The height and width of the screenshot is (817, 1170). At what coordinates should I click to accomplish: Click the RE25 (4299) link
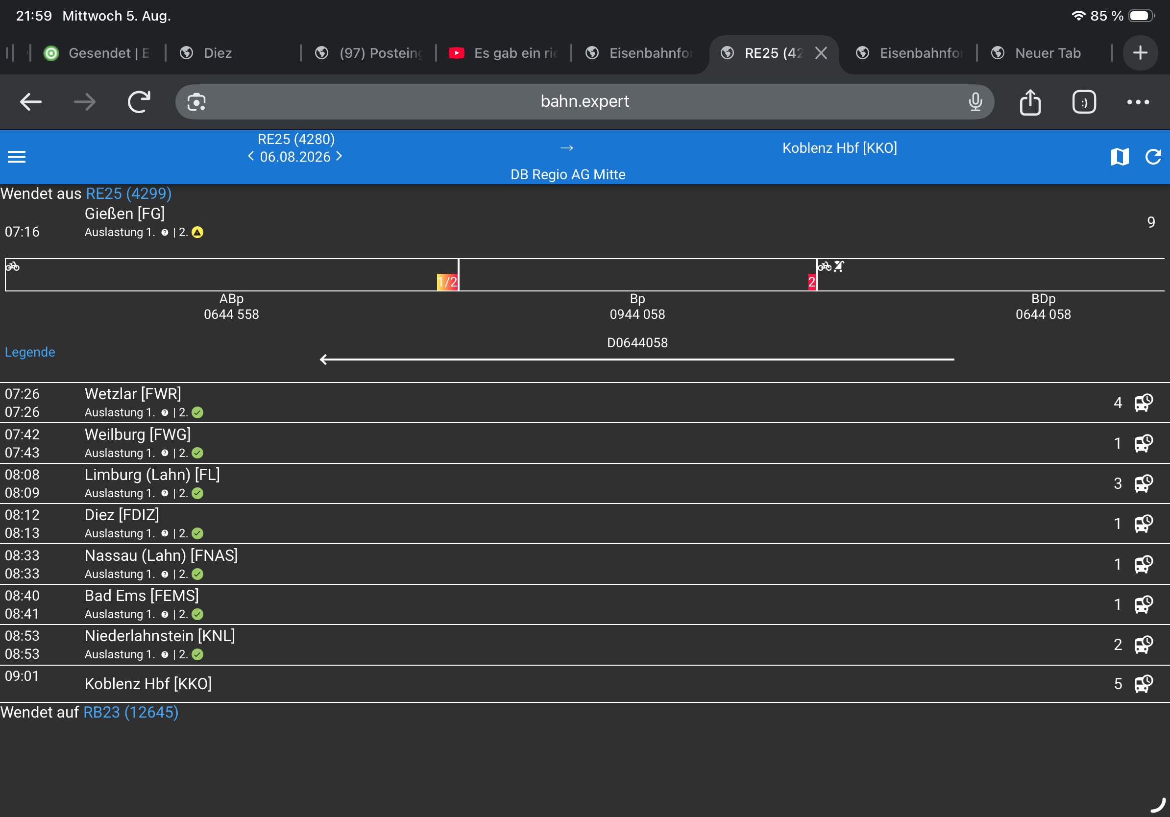128,193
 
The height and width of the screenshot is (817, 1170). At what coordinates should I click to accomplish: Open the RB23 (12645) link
130,712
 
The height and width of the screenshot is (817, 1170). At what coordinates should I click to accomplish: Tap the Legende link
30,352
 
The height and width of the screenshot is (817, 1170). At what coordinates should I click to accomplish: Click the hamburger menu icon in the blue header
17,156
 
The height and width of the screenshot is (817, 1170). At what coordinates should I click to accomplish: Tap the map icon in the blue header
1120,156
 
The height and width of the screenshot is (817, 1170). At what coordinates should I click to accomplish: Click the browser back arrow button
30,102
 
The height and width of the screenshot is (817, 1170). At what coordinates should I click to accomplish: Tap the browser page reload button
139,102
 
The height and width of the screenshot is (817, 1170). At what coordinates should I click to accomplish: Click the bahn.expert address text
585,101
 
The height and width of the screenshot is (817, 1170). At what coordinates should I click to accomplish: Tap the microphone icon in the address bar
975,102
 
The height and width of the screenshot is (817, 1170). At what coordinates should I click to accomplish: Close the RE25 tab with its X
821,53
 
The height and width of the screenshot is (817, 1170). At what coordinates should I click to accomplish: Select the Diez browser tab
218,53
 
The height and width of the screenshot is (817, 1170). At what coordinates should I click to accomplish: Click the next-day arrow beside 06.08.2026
340,156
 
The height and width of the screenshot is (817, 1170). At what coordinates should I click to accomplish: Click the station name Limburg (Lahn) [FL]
152,475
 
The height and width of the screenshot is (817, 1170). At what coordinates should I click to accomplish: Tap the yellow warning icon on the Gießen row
197,232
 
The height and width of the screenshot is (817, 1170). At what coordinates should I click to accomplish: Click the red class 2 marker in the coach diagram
812,282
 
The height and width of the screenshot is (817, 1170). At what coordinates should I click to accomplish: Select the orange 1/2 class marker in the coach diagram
447,282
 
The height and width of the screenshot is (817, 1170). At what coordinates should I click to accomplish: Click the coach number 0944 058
637,314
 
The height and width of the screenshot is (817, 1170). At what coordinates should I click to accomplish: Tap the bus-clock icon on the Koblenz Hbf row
1144,684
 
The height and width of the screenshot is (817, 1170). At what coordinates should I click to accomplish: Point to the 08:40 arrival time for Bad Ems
22,596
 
